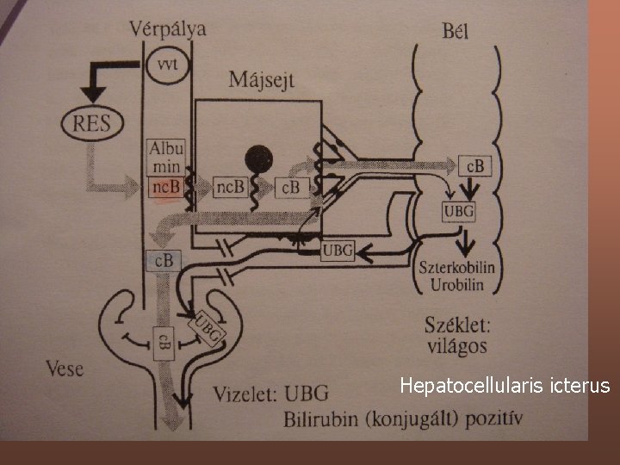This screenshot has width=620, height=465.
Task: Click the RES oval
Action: pyautogui.click(x=92, y=122)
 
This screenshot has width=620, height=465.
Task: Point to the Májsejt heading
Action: pyautogui.click(x=261, y=80)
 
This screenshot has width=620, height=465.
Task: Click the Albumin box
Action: pyautogui.click(x=166, y=157)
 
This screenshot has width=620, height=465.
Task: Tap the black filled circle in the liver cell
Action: pyautogui.click(x=258, y=158)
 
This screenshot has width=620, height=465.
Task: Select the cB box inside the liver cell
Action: pyautogui.click(x=290, y=187)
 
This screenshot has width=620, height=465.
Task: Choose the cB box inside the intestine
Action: pyautogui.click(x=474, y=165)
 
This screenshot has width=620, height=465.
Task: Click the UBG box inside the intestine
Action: pyautogui.click(x=457, y=210)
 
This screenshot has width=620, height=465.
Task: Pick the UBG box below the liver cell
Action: pyautogui.click(x=338, y=251)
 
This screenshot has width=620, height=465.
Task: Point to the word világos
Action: pyautogui.click(x=456, y=346)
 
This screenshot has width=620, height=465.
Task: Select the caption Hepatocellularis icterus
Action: pyautogui.click(x=505, y=385)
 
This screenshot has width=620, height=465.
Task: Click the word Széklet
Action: pyautogui.click(x=457, y=325)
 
